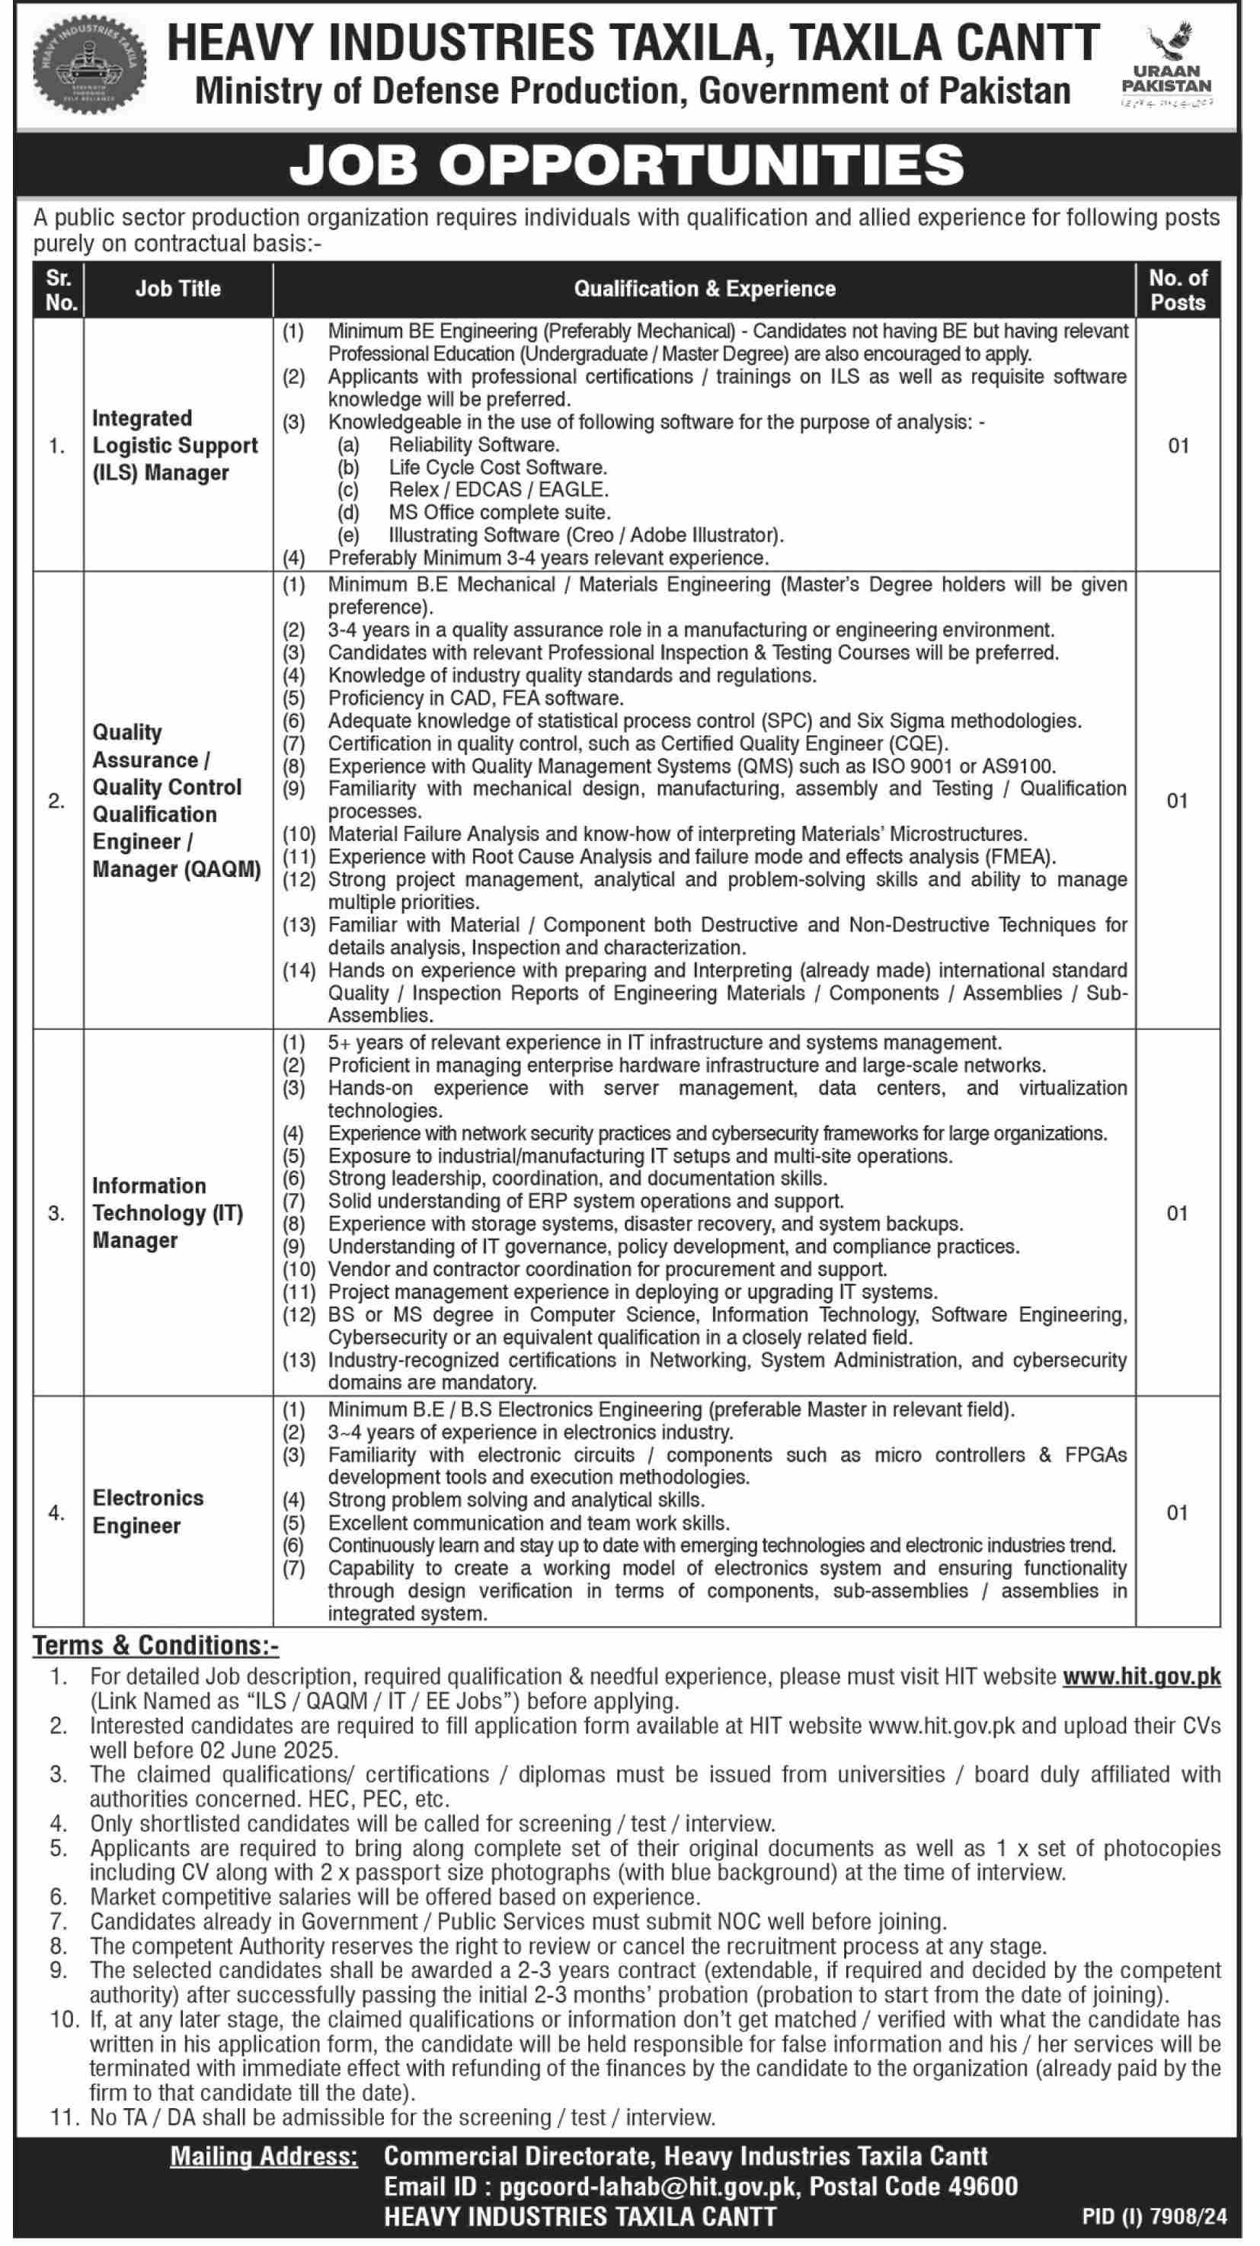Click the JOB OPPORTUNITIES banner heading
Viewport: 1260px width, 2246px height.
(x=627, y=165)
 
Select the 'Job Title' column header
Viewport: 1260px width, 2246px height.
(x=178, y=290)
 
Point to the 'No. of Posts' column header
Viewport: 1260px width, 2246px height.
(x=1177, y=290)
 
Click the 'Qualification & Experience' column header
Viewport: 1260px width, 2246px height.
(x=704, y=290)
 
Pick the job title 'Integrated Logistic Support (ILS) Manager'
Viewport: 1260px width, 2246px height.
(x=174, y=446)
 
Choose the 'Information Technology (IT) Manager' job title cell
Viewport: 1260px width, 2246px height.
(x=168, y=1213)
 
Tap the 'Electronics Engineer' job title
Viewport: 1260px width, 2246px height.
(x=149, y=1511)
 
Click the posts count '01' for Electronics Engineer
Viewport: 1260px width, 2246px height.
(x=1177, y=1513)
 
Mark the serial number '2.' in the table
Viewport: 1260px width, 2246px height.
(x=56, y=801)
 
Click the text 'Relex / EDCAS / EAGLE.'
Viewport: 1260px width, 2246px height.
(x=498, y=490)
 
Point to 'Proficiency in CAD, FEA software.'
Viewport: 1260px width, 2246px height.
(x=475, y=699)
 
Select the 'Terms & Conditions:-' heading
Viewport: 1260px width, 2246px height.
(x=156, y=1646)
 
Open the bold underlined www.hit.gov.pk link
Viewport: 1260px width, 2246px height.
(x=1140, y=1677)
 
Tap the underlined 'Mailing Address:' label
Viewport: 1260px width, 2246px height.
(x=264, y=2156)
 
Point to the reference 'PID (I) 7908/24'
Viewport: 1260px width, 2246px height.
(x=1153, y=2216)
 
